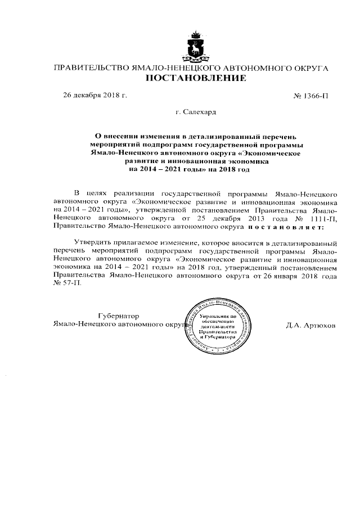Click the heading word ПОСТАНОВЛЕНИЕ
pos(196,79)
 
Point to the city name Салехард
pos(196,112)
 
